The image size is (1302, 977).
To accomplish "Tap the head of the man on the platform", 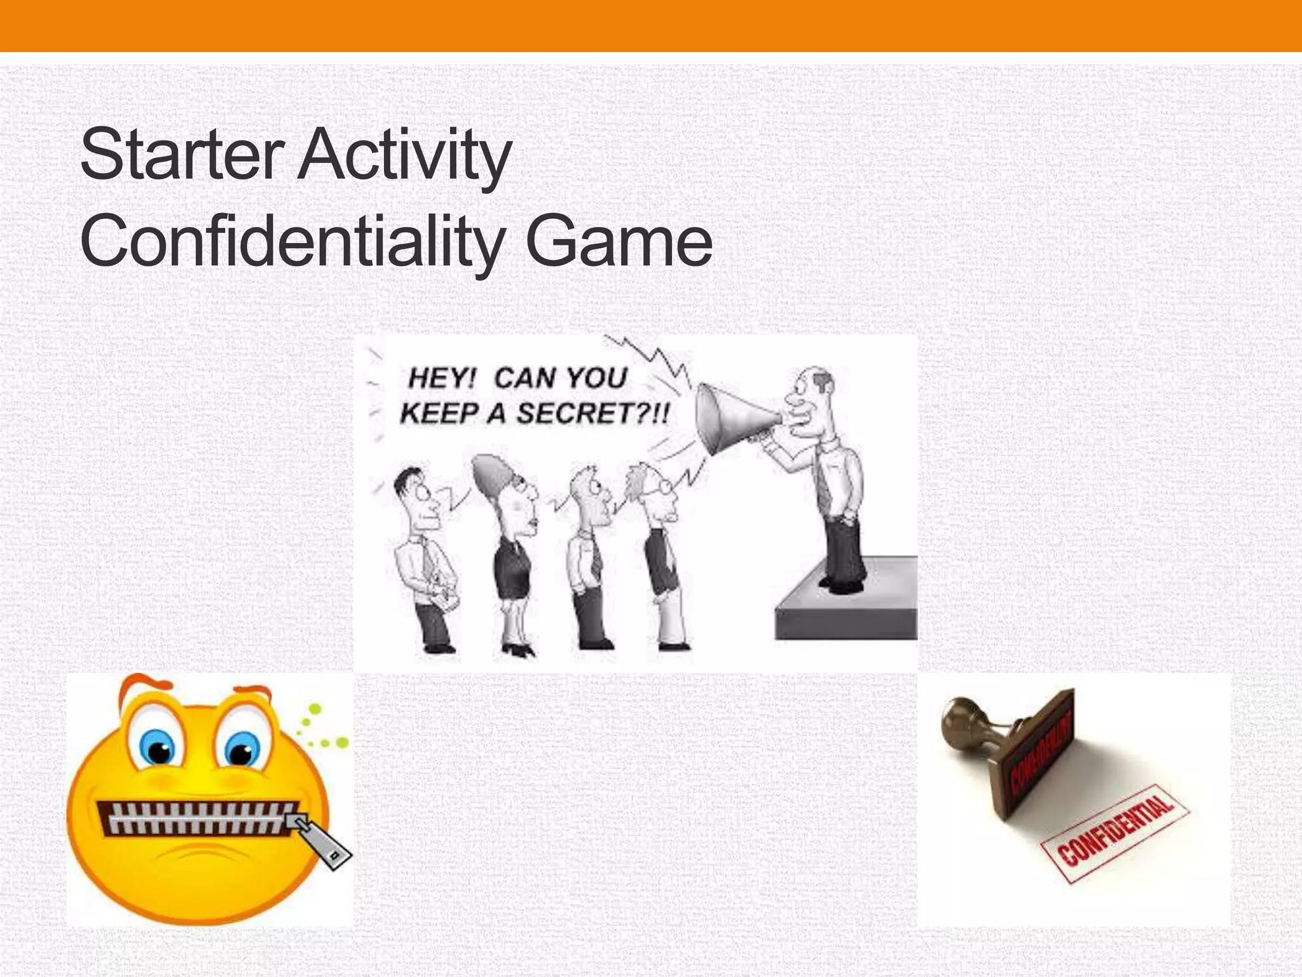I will pos(811,398).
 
